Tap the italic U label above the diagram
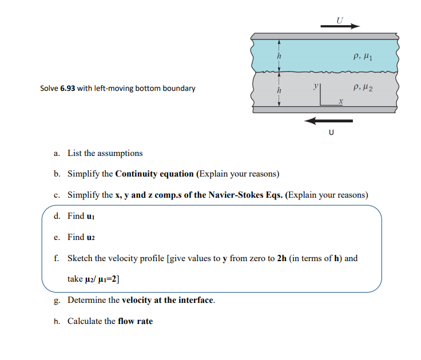click(339, 19)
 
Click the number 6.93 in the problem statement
click(67, 89)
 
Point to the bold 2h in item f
click(281, 258)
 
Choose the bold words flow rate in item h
click(135, 321)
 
